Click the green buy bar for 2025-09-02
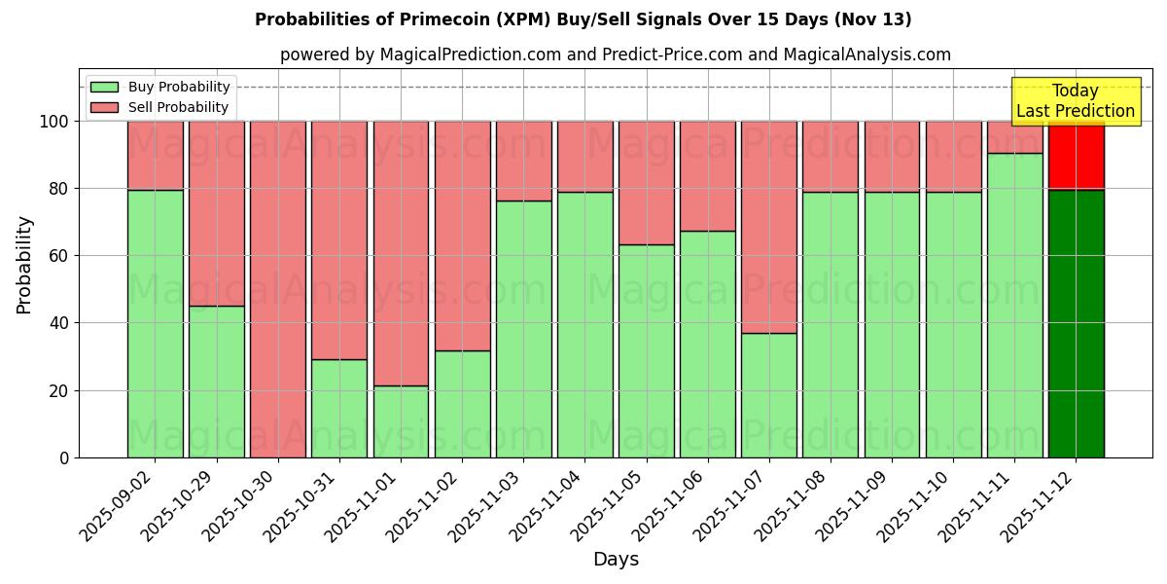(155, 323)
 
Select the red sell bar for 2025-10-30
(278, 289)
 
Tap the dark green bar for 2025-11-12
(1076, 323)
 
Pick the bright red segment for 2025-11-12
(1076, 155)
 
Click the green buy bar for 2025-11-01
(401, 421)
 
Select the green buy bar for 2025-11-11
(1014, 305)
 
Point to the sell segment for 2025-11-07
(769, 227)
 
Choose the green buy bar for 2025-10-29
(216, 382)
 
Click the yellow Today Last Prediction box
(1076, 101)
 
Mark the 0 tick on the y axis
(65, 457)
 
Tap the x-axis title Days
(616, 560)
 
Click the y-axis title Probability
(25, 265)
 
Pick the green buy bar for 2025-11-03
(523, 329)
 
